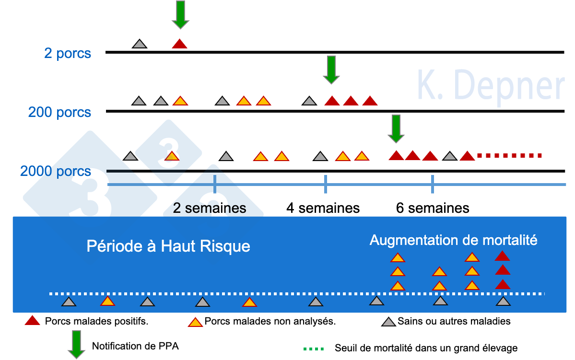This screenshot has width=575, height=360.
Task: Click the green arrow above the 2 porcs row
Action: pyautogui.click(x=180, y=14)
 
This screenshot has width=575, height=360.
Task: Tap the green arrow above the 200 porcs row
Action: pyautogui.click(x=331, y=69)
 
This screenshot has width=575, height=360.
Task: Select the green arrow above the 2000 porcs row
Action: pyautogui.click(x=396, y=128)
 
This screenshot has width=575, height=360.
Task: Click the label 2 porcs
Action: pyautogui.click(x=68, y=53)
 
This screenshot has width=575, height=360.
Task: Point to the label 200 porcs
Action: pyautogui.click(x=59, y=113)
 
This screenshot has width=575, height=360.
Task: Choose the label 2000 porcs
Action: pyautogui.click(x=56, y=171)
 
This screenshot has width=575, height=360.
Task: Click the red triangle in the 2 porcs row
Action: pyautogui.click(x=179, y=44)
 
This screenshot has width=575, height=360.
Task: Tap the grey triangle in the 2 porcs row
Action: pyautogui.click(x=140, y=44)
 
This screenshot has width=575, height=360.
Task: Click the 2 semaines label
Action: pyautogui.click(x=210, y=208)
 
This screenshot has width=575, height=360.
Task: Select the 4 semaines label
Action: pyautogui.click(x=323, y=208)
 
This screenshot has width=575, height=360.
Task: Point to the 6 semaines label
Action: pyautogui.click(x=433, y=208)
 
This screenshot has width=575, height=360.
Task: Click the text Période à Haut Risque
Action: pyautogui.click(x=168, y=246)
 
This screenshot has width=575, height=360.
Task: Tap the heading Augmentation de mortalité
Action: pyautogui.click(x=453, y=240)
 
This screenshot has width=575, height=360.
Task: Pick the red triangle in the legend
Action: pyautogui.click(x=32, y=321)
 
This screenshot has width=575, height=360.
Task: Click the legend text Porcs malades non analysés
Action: pyautogui.click(x=270, y=321)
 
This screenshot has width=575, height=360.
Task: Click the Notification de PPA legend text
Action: pyautogui.click(x=135, y=346)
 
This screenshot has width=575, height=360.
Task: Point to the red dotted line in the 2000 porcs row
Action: pyautogui.click(x=509, y=155)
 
